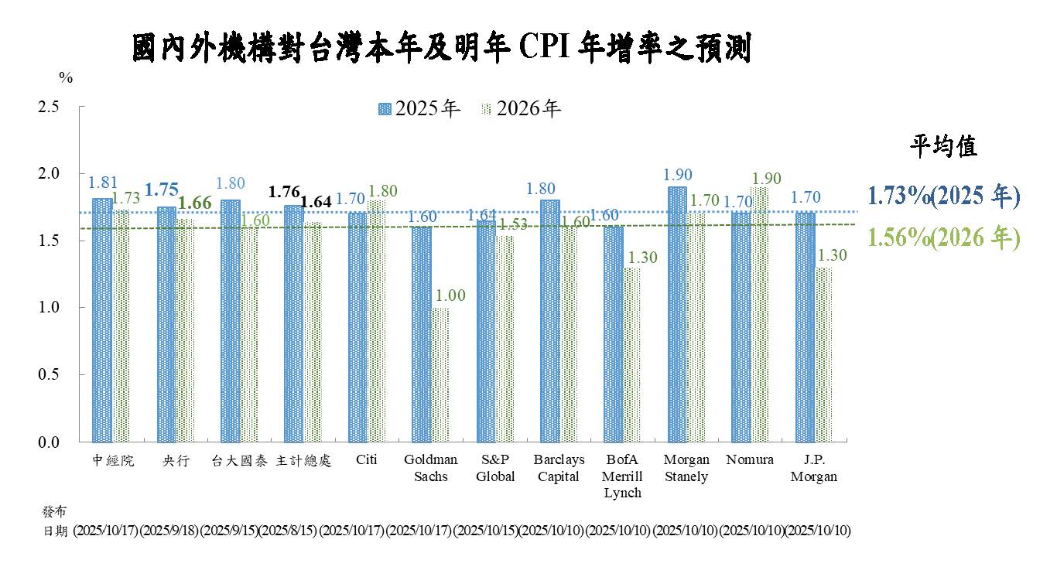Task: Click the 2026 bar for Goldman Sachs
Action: [440, 374]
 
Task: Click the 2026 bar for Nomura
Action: [760, 313]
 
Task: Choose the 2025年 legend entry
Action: [419, 109]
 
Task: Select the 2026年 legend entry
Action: [521, 109]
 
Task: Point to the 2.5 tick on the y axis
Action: [49, 107]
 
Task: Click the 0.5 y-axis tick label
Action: [49, 374]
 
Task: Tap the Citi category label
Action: [367, 459]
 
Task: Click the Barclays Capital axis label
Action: [559, 468]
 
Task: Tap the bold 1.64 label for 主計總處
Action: [316, 202]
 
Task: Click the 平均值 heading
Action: [942, 146]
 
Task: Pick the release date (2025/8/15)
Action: [288, 531]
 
